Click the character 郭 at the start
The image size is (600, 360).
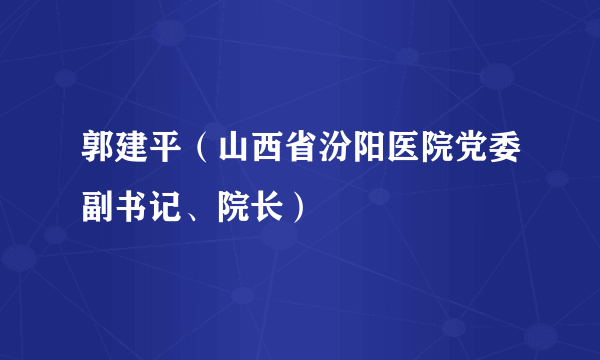coord(98,158)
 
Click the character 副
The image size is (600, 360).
coord(98,208)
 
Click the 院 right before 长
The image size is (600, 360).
coord(230,208)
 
